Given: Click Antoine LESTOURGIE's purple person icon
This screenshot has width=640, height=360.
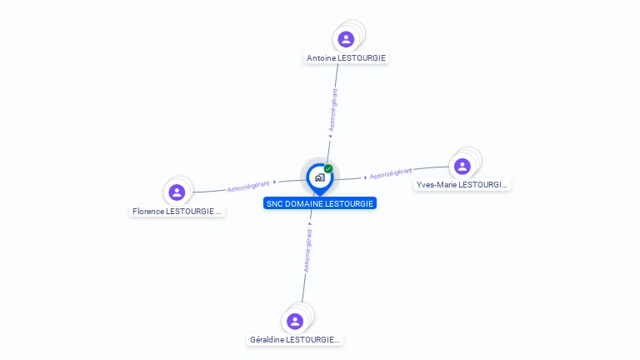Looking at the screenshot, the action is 346,39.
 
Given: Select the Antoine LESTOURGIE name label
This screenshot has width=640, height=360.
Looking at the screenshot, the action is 347,58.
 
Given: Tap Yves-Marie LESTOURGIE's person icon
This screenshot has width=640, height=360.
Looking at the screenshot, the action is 462,166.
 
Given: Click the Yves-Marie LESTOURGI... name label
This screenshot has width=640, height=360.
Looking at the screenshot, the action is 462,185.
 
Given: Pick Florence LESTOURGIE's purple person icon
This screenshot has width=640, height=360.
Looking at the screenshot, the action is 177,192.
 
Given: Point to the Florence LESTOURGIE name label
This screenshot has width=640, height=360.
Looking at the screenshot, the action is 177,212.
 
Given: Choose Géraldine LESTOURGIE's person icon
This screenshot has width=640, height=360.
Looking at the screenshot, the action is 294,321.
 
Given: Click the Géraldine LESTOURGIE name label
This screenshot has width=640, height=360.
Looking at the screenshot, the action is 295,340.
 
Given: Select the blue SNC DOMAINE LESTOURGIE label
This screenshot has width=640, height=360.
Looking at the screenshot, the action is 320,203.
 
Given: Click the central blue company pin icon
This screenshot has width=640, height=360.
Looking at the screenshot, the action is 319,177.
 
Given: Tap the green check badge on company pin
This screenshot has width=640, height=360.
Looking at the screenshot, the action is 328,168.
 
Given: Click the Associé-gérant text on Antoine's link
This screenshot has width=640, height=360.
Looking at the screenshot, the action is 333,110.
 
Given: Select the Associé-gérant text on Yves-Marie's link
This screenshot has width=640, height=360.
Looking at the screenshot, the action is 390,173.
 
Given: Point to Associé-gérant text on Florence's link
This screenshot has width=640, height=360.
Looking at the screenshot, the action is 248,186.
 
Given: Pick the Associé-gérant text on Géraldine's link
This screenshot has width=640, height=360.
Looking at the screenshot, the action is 307,250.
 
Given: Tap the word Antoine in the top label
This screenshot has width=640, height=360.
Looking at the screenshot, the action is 321,58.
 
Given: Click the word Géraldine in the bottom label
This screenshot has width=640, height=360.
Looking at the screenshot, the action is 267,340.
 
